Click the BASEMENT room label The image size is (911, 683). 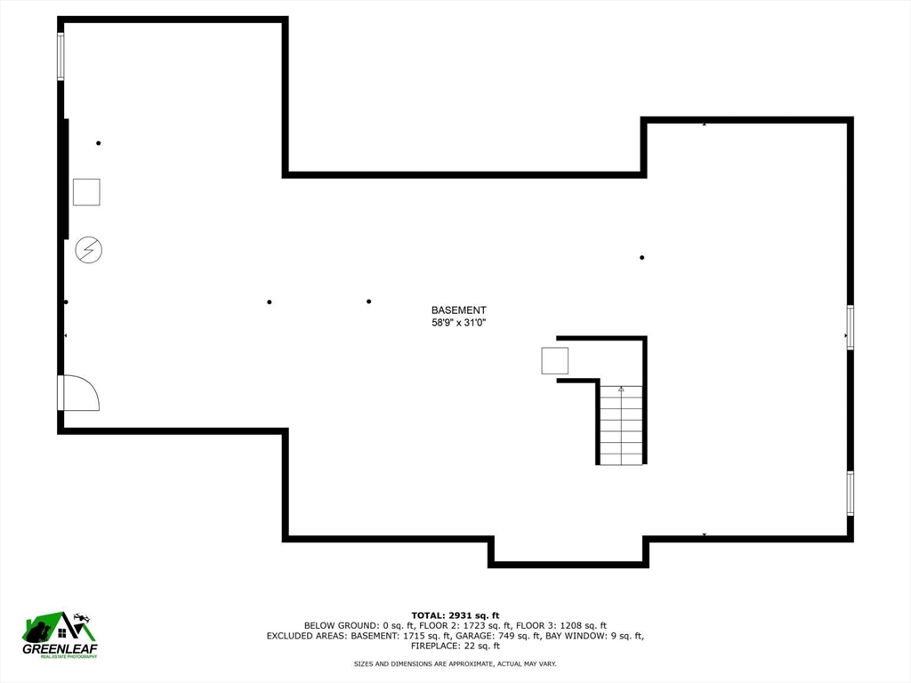pyautogui.click(x=458, y=310)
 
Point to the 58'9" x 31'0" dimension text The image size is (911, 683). pyautogui.click(x=458, y=323)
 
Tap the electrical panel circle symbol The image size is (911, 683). pyautogui.click(x=89, y=250)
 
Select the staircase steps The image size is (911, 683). pyautogui.click(x=621, y=425)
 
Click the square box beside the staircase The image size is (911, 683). pyautogui.click(x=555, y=361)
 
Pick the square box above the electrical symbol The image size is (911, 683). pyautogui.click(x=86, y=192)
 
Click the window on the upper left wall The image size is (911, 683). pyautogui.click(x=60, y=56)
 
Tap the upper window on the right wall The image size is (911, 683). pyautogui.click(x=850, y=327)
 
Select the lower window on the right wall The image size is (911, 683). pyautogui.click(x=850, y=493)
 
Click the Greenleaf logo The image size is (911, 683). pyautogui.click(x=60, y=635)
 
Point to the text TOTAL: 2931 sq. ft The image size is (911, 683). pyautogui.click(x=455, y=615)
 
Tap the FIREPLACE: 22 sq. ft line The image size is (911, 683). pyautogui.click(x=455, y=646)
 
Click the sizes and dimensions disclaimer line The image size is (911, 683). pyautogui.click(x=455, y=663)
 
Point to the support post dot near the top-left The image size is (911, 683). pyautogui.click(x=99, y=143)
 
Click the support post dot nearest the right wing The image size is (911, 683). pyautogui.click(x=642, y=257)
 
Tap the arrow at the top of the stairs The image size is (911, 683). pyautogui.click(x=621, y=390)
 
